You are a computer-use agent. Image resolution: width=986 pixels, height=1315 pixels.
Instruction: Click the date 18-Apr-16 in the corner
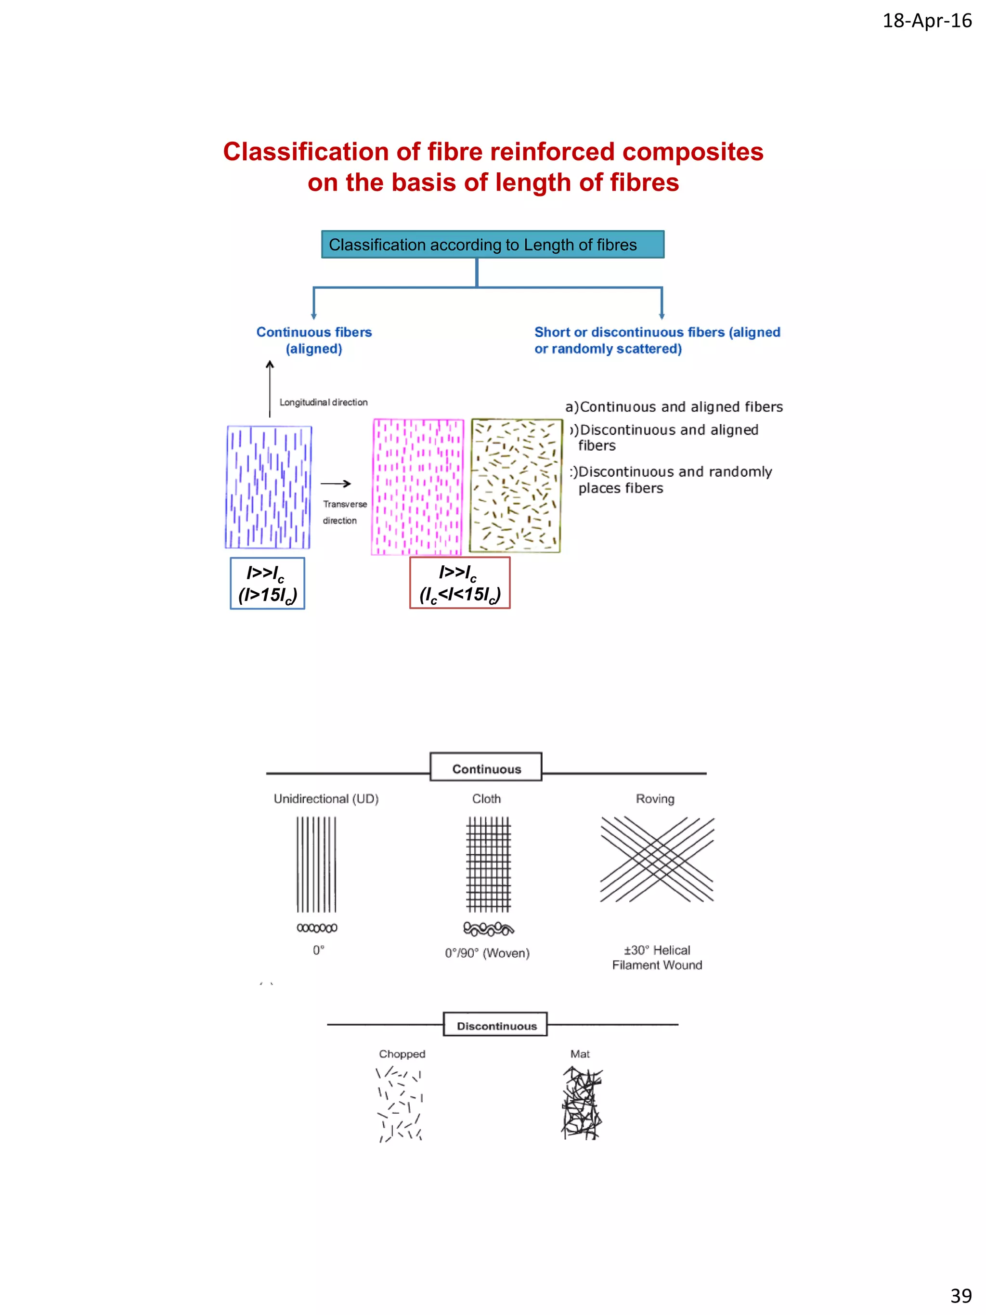click(x=927, y=21)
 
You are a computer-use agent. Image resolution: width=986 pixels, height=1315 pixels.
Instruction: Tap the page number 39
click(x=961, y=1295)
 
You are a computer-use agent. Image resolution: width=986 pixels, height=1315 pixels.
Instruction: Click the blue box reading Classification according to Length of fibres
click(x=493, y=244)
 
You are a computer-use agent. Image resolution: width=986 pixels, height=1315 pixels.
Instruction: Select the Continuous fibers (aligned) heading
click(x=314, y=340)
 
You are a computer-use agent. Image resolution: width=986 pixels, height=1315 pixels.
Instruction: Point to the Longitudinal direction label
click(x=324, y=403)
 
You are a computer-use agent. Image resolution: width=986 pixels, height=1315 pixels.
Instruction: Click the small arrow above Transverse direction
click(x=336, y=483)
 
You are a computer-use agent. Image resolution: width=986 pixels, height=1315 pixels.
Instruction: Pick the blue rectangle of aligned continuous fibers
click(x=269, y=487)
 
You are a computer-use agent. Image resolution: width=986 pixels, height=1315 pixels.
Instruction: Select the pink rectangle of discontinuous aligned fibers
click(x=417, y=487)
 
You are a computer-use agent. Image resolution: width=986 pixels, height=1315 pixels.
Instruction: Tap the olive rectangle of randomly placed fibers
click(x=515, y=486)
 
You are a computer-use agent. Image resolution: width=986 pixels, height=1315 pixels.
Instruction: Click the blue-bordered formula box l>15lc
click(x=268, y=583)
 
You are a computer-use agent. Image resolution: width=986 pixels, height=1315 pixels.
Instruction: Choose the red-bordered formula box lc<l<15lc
click(x=459, y=583)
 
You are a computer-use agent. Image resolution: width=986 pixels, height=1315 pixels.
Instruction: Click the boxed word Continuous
click(x=486, y=768)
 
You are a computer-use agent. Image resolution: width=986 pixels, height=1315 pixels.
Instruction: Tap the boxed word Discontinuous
click(x=496, y=1026)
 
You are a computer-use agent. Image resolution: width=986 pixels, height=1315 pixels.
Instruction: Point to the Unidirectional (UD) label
click(x=325, y=798)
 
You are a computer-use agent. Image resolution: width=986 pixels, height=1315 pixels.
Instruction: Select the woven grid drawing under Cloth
click(x=489, y=864)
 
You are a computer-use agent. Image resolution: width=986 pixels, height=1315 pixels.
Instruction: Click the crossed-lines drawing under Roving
click(x=657, y=859)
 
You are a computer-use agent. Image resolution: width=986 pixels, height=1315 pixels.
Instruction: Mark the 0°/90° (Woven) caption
click(x=487, y=953)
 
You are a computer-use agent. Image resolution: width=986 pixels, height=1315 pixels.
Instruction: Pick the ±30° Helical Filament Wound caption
click(x=657, y=957)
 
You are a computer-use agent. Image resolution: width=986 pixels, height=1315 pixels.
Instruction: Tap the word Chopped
click(x=402, y=1054)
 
